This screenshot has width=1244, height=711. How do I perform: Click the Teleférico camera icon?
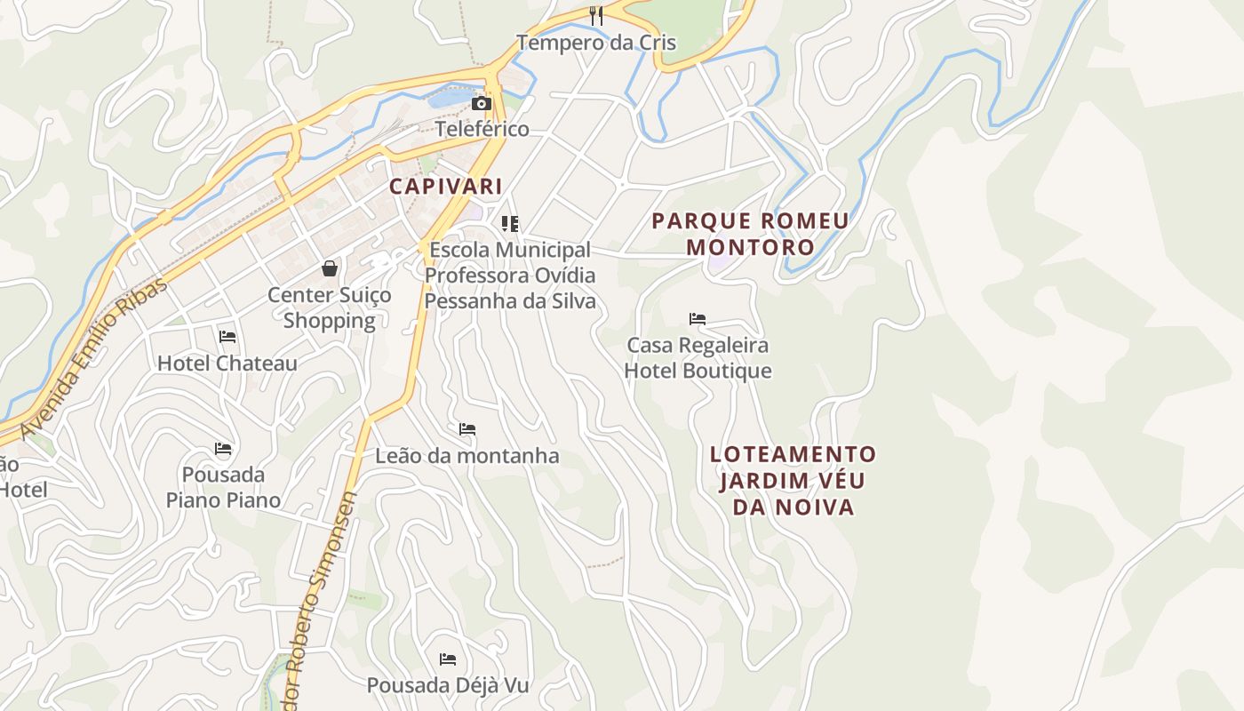pyautogui.click(x=482, y=103)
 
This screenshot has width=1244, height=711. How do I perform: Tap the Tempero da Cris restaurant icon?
pyautogui.click(x=596, y=15)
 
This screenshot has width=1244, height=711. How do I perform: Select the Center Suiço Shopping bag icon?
pyautogui.click(x=330, y=268)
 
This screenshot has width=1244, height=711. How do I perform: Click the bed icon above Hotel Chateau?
pyautogui.click(x=227, y=336)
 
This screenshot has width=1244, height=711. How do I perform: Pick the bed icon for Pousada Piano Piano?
pyautogui.click(x=223, y=448)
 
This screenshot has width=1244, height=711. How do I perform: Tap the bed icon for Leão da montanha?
pyautogui.click(x=467, y=429)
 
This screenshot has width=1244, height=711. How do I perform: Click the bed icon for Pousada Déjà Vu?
pyautogui.click(x=448, y=659)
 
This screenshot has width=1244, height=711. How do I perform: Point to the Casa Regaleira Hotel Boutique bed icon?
pyautogui.click(x=698, y=318)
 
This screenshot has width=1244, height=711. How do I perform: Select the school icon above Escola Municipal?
pyautogui.click(x=509, y=223)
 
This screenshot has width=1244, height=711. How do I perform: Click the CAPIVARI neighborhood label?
pyautogui.click(x=445, y=187)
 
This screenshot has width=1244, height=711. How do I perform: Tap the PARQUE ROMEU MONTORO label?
pyautogui.click(x=750, y=234)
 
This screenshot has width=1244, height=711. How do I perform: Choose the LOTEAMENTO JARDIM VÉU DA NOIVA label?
pyautogui.click(x=793, y=481)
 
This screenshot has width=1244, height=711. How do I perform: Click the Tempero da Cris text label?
pyautogui.click(x=596, y=42)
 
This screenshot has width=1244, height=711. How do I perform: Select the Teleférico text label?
pyautogui.click(x=482, y=129)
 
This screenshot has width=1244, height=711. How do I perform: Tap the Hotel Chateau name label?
pyautogui.click(x=227, y=363)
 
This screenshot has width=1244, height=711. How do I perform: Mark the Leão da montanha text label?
pyautogui.click(x=467, y=456)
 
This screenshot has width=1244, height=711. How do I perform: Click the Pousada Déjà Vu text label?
pyautogui.click(x=448, y=685)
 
